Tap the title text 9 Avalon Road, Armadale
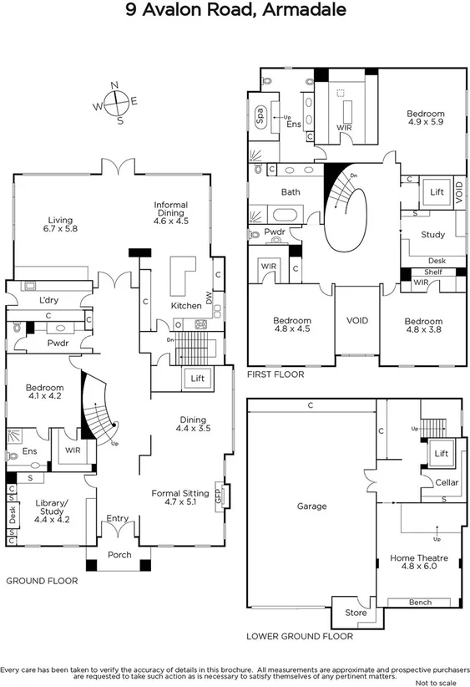(x=235, y=11)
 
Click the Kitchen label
(x=185, y=306)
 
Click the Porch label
(x=119, y=554)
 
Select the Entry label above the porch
(x=119, y=519)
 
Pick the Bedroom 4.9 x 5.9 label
(x=425, y=118)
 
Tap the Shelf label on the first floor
(x=432, y=272)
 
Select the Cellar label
(x=447, y=482)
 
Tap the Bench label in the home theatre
(x=420, y=602)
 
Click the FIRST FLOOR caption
(x=275, y=375)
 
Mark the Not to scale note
(x=442, y=682)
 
